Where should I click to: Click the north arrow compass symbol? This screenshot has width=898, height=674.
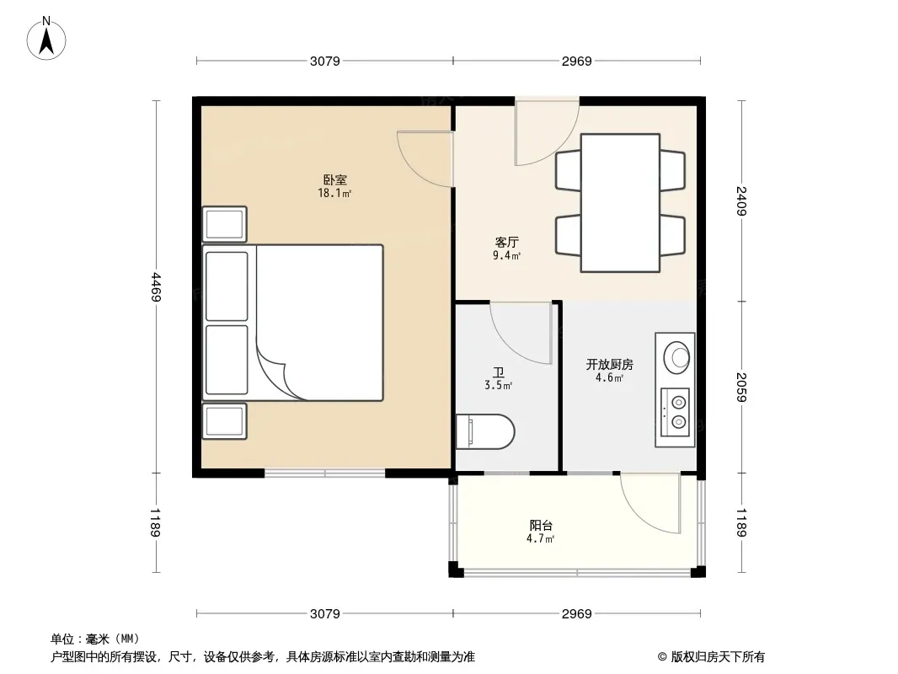click(46, 39)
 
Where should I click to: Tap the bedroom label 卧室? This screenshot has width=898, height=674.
click(335, 179)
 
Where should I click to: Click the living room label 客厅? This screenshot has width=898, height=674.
click(507, 243)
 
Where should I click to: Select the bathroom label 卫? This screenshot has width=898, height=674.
click(498, 372)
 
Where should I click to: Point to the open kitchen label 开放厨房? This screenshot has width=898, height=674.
click(609, 364)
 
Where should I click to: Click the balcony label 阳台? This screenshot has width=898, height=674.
click(541, 525)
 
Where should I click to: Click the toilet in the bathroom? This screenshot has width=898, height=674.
click(485, 431)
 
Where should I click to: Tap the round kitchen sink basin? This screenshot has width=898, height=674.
click(676, 357)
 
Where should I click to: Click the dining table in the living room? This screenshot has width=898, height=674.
click(620, 203)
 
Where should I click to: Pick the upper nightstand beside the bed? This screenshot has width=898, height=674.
click(224, 224)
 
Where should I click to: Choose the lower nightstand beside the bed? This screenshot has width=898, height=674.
click(224, 421)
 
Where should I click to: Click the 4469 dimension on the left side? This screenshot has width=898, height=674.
click(156, 287)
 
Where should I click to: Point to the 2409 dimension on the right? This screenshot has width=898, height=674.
click(741, 201)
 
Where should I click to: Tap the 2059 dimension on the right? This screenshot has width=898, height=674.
click(741, 387)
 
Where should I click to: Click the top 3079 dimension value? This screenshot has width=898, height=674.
click(324, 61)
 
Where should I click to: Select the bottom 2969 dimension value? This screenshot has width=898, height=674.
click(577, 614)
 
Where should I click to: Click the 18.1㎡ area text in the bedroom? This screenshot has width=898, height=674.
click(334, 193)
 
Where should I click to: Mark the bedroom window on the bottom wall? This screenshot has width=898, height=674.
click(324, 473)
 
